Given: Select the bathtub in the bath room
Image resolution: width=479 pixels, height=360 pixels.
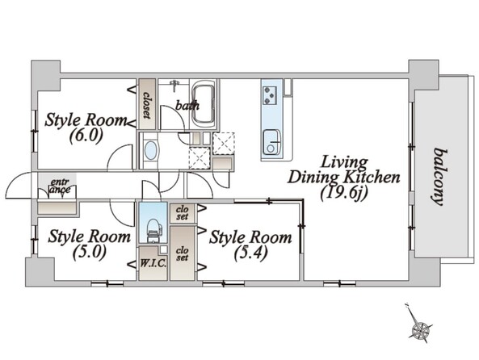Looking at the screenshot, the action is point(202,104).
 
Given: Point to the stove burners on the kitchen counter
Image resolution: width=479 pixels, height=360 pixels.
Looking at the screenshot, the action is point(270,95).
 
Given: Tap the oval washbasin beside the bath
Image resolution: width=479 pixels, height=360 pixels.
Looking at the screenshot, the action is point(150,150).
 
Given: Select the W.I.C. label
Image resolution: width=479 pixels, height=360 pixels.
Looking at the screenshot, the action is point(153,263).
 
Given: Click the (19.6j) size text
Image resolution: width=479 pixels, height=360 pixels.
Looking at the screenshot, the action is point(343,193).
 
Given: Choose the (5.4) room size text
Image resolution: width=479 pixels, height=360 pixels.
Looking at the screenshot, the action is point(251,253).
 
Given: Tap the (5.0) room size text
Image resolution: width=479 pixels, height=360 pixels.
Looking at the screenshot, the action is point(90,252).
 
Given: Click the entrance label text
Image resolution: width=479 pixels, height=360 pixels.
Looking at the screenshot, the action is point(60,186).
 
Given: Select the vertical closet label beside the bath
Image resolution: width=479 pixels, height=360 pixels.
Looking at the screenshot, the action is point(147,104).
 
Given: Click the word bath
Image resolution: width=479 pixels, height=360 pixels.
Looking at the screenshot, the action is point(187,106).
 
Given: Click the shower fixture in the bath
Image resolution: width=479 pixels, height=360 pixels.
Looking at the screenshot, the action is point(174,85).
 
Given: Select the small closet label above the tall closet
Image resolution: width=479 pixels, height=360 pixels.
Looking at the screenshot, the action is point(183,212).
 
